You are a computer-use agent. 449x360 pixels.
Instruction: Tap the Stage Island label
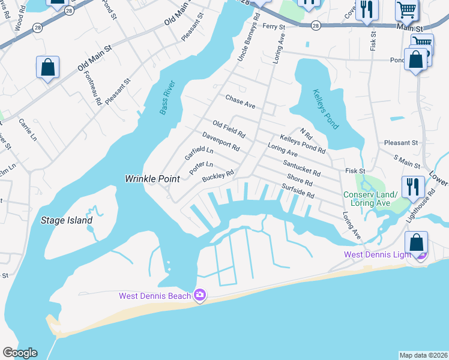click(x=67, y=220)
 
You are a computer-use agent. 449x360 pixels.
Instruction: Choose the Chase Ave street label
click(x=240, y=101)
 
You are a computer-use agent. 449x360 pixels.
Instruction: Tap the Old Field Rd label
click(x=229, y=128)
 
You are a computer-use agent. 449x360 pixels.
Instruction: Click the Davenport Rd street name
click(x=221, y=142)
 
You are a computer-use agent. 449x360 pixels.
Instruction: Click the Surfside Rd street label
click(x=298, y=191)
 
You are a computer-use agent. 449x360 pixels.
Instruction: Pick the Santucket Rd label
click(x=301, y=167)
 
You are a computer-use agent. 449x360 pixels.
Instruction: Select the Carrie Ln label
click(x=28, y=129)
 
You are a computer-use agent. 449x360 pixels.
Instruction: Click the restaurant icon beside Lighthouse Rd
click(x=412, y=186)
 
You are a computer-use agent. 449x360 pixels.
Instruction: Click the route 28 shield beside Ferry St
click(x=316, y=26)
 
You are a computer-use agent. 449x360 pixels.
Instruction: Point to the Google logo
click(x=20, y=353)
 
